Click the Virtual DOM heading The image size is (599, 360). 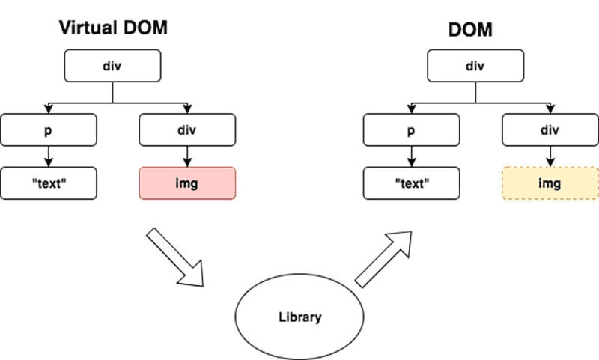(112, 28)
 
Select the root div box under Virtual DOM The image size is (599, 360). (112, 66)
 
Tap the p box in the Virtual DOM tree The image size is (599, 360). (49, 130)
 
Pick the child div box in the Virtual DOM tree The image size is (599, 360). (187, 130)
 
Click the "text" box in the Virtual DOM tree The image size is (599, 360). (49, 183)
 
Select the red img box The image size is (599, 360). (187, 183)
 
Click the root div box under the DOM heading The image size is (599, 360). (475, 66)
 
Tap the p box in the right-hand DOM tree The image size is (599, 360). (411, 130)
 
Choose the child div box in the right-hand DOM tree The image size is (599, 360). (550, 130)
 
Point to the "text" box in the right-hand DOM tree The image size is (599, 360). (411, 183)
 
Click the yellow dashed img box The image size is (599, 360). (550, 183)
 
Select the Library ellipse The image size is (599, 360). (299, 317)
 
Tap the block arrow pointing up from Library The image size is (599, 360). (383, 258)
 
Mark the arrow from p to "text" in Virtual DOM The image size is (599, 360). (49, 156)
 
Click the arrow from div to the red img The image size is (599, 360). (187, 156)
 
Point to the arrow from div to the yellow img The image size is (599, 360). (550, 156)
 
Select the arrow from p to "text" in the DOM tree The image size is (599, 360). (411, 156)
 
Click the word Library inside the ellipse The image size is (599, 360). (299, 317)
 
